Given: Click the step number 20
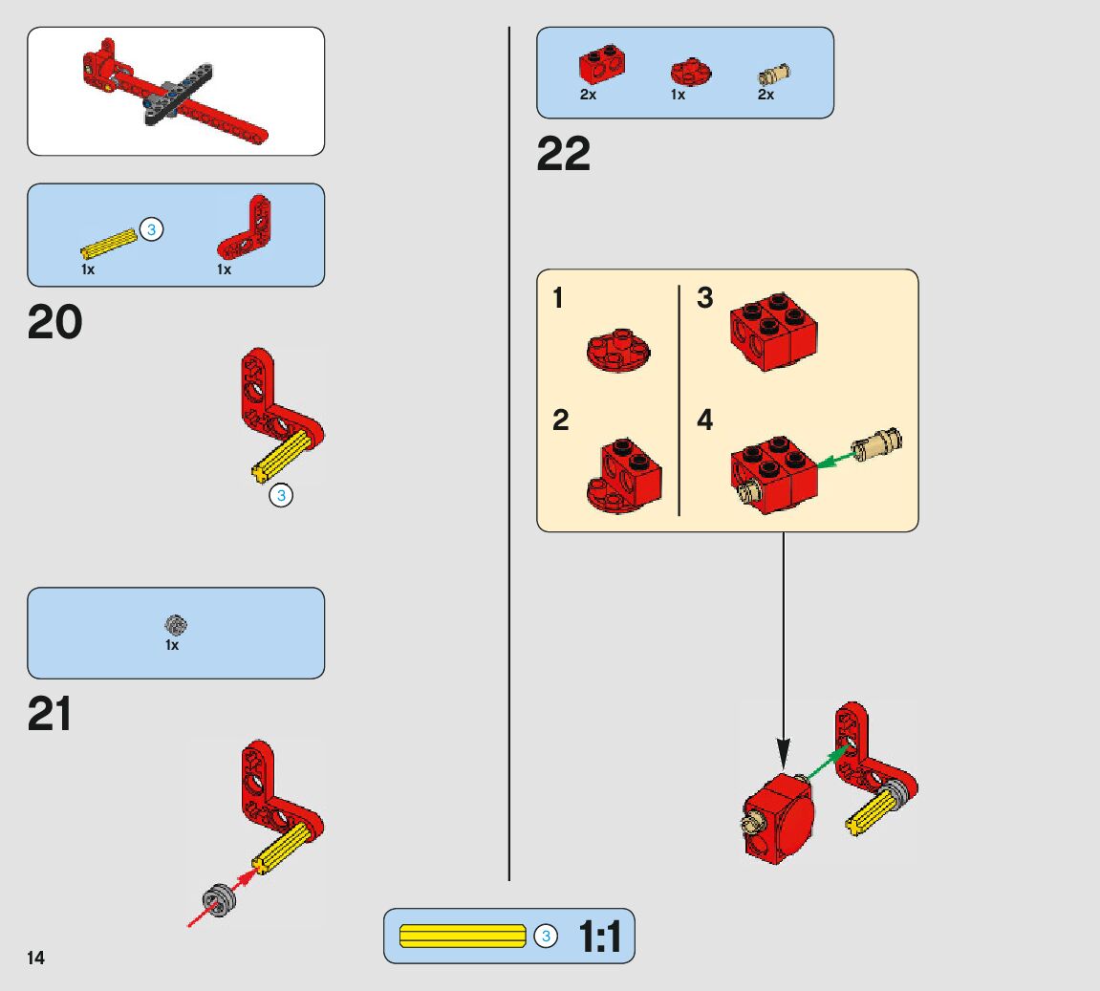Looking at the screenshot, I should click(x=54, y=323).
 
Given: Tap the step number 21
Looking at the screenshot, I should click(x=50, y=715).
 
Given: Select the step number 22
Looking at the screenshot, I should click(x=564, y=154).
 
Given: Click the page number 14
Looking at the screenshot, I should click(x=35, y=959).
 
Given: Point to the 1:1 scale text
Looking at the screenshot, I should click(x=599, y=937).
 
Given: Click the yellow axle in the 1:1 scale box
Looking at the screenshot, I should click(x=463, y=937).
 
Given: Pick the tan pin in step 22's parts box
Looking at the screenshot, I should click(x=773, y=74).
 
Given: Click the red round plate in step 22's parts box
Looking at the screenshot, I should click(x=684, y=72).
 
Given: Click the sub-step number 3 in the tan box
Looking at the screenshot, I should click(x=705, y=298).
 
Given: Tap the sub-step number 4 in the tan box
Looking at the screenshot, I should click(x=705, y=420).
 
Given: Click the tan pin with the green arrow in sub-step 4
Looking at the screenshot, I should click(x=878, y=444).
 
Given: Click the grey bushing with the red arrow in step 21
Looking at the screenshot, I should click(x=219, y=900).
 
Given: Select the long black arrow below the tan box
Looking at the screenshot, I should click(x=783, y=650).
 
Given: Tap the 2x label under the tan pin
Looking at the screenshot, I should click(x=766, y=96).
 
